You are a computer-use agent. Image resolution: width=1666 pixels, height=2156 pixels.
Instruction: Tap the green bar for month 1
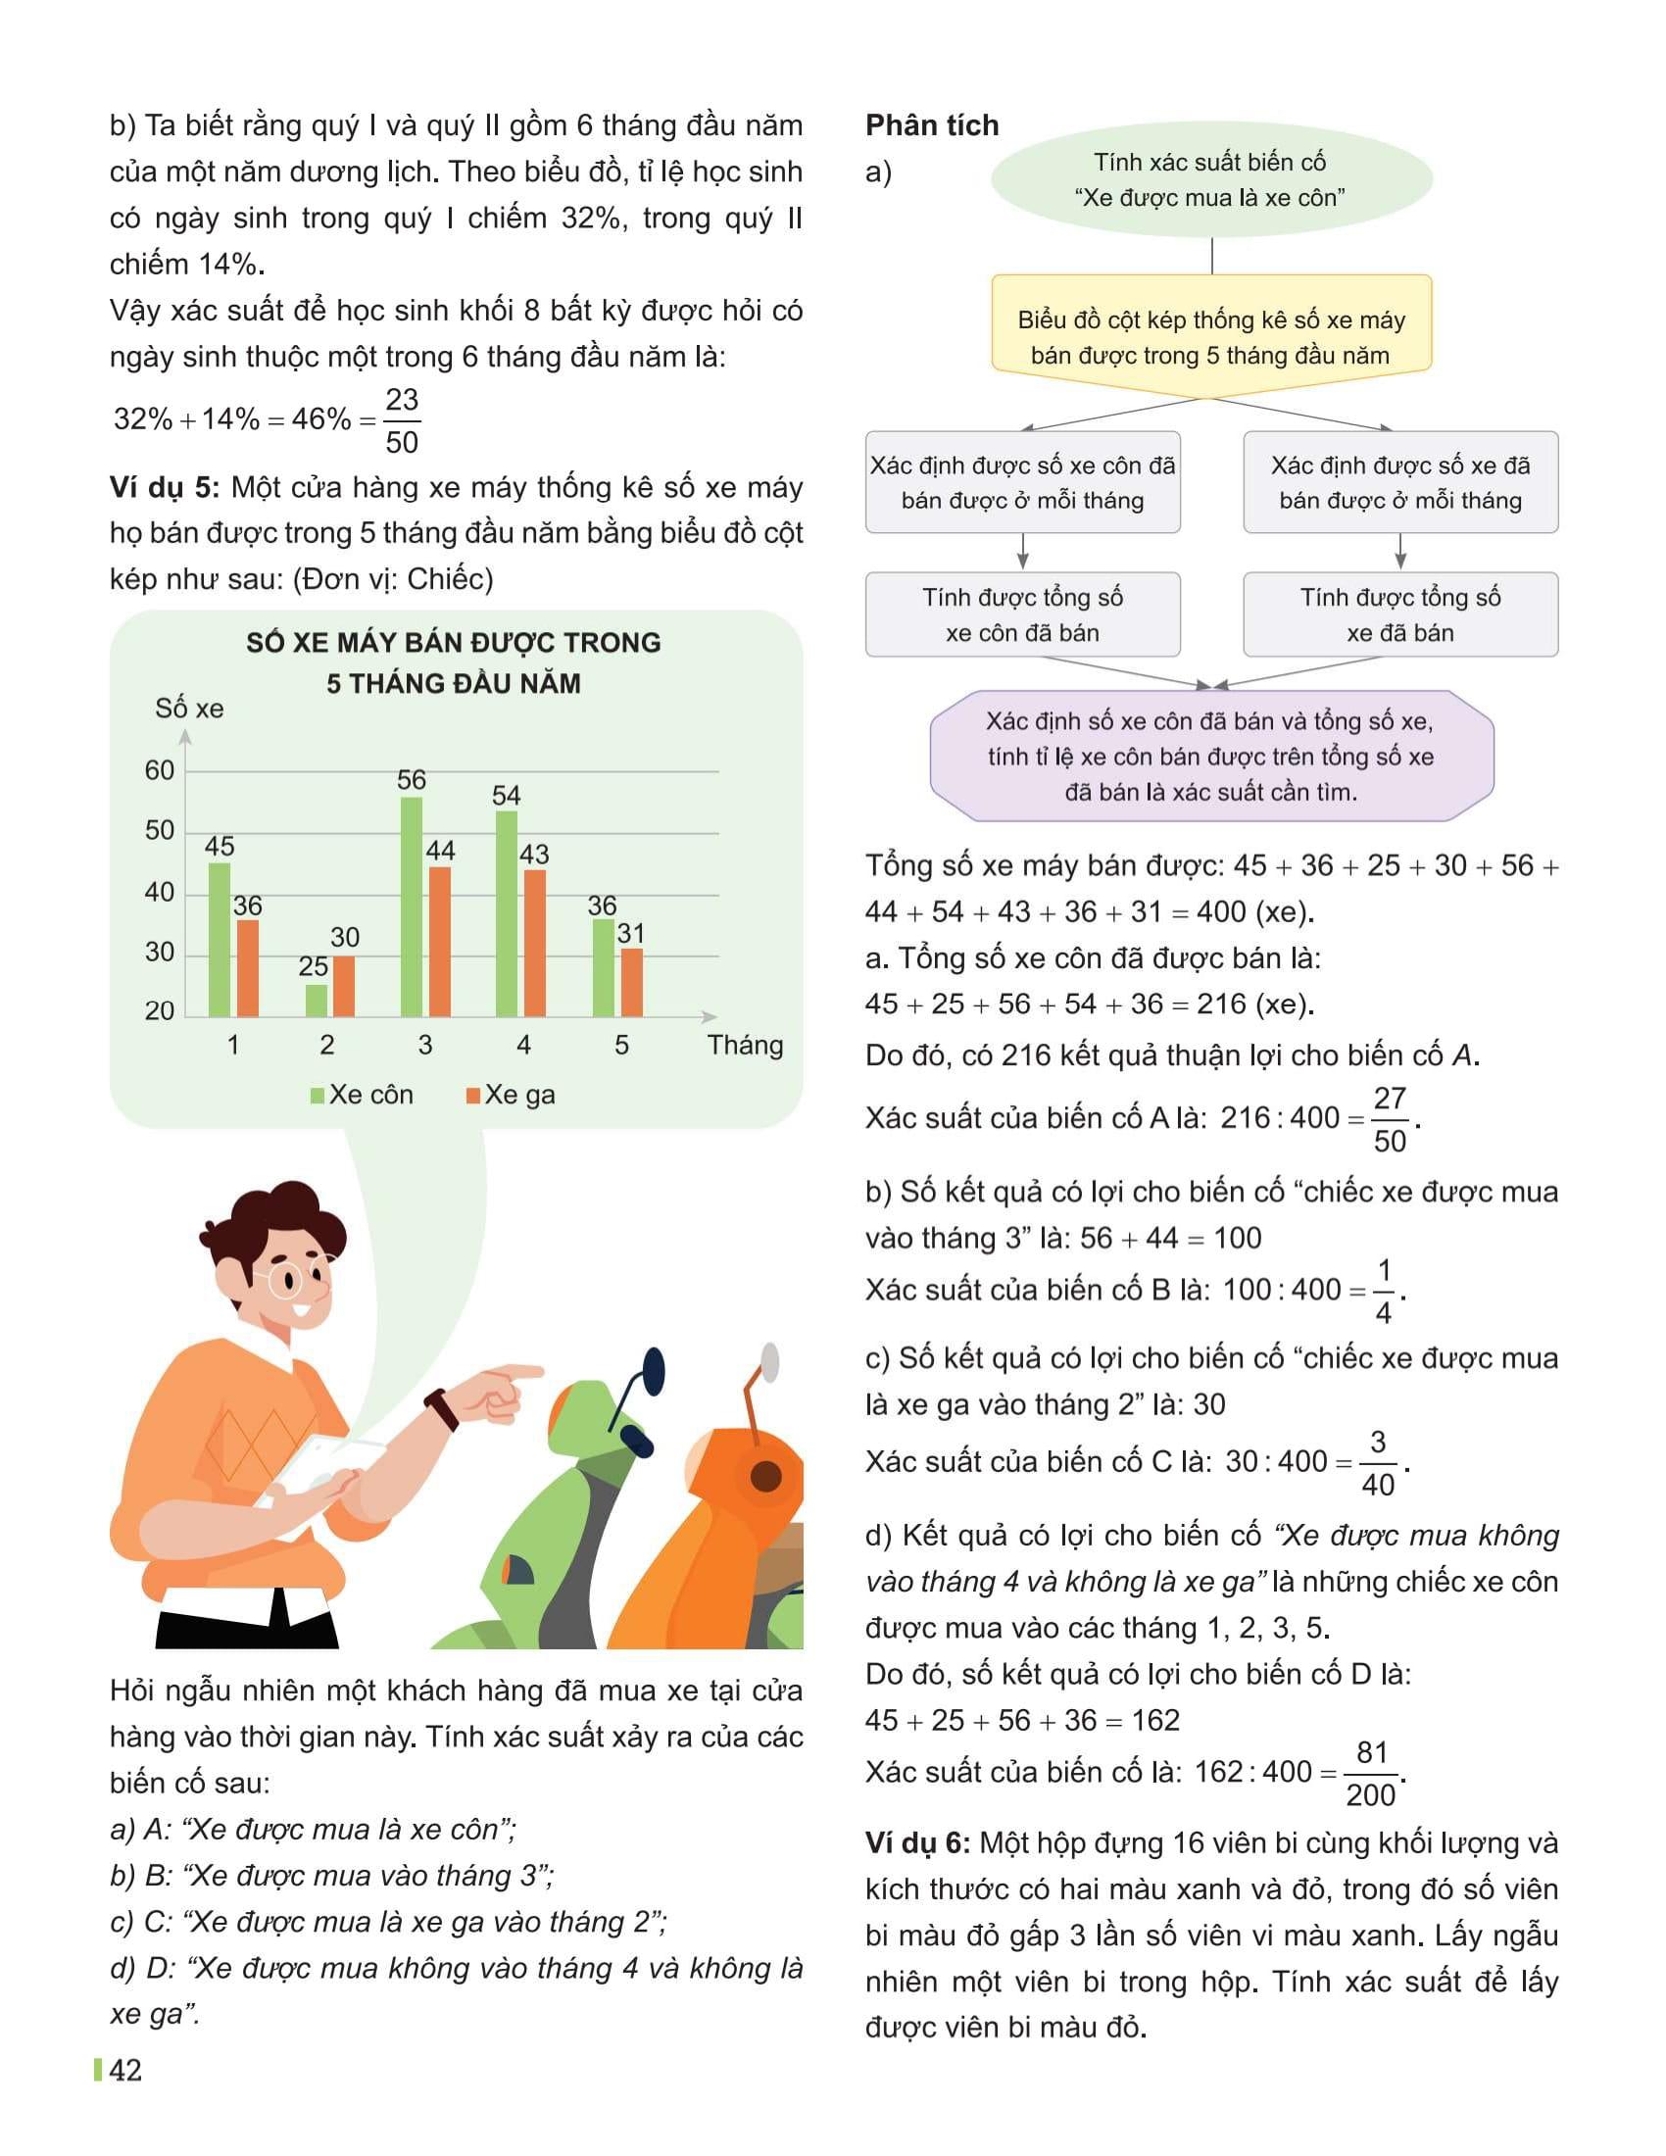[x=220, y=939]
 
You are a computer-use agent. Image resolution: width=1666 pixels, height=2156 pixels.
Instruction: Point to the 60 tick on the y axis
[x=159, y=770]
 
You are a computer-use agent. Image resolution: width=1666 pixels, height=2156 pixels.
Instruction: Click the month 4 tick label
[x=523, y=1045]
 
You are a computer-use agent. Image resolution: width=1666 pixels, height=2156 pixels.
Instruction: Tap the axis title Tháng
[x=745, y=1045]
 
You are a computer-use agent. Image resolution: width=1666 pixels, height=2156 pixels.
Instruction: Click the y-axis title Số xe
[x=189, y=708]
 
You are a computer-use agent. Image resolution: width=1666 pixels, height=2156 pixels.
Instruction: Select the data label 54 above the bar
[x=507, y=795]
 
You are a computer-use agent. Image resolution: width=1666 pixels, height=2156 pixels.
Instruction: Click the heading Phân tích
[x=932, y=125]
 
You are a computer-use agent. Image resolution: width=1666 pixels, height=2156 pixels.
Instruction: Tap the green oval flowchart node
[x=1210, y=179]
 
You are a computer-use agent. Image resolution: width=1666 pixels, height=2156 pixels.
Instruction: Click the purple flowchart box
[x=1210, y=757]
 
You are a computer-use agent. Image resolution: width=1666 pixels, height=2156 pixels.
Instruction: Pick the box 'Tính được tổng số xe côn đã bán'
[x=1022, y=614]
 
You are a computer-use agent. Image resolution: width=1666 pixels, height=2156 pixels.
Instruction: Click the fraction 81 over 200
[x=1372, y=1774]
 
